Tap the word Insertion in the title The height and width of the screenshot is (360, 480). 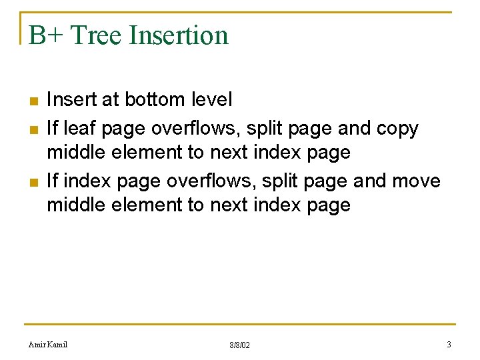tap(179, 35)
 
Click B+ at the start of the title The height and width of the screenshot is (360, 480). tap(45, 35)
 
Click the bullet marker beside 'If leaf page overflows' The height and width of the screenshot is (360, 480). tap(33, 129)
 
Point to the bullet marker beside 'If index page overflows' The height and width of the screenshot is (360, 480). tap(33, 182)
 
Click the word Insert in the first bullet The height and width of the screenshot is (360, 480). tap(71, 100)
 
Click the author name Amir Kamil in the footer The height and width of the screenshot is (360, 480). tap(48, 345)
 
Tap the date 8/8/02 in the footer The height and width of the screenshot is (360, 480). tap(239, 345)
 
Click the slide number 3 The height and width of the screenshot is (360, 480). tap(449, 345)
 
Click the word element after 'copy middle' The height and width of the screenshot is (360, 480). tap(147, 153)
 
